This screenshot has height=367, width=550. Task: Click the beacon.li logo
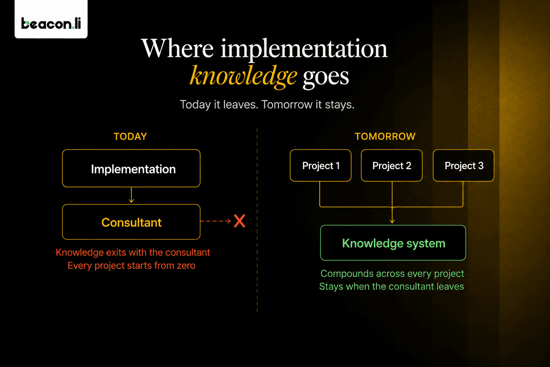click(51, 23)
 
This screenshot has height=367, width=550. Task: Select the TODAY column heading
click(130, 137)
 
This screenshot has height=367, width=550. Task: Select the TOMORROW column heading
click(385, 137)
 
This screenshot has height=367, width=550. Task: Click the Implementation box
click(131, 168)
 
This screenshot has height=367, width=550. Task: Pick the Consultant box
click(131, 222)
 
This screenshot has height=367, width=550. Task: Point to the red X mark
click(240, 221)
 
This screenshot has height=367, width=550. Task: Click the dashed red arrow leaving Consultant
click(216, 221)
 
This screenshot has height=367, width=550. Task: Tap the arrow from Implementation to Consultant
click(131, 195)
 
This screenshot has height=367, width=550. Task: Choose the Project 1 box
click(321, 166)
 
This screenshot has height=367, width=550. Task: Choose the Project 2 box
click(392, 166)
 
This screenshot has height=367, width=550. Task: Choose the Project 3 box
click(464, 166)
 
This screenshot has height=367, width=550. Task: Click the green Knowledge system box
click(393, 243)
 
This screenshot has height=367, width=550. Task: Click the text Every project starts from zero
click(131, 266)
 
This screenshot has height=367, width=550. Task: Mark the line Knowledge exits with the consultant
click(133, 252)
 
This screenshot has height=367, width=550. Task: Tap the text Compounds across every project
click(392, 274)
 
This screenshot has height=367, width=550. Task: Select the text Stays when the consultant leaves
click(391, 287)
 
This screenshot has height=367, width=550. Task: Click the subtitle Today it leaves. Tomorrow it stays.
click(267, 105)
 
